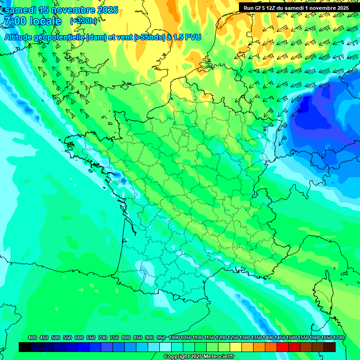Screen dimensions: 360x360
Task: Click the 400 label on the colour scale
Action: pos(32,338)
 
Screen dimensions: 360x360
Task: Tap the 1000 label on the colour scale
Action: pos(174,338)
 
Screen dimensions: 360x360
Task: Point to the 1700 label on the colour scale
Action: pos(339,338)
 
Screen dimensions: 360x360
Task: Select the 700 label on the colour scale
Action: pos(103,338)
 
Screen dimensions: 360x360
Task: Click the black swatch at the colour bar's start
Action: pos(25,347)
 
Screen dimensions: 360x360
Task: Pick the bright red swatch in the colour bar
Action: pos(283,347)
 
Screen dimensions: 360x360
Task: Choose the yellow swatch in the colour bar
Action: pos(236,347)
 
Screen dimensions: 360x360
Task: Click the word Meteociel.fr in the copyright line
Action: pos(216,357)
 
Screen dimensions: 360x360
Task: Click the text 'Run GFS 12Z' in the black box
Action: pos(256,8)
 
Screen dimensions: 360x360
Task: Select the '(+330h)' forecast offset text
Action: pos(83,21)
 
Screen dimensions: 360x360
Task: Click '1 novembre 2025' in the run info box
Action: pos(326,8)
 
